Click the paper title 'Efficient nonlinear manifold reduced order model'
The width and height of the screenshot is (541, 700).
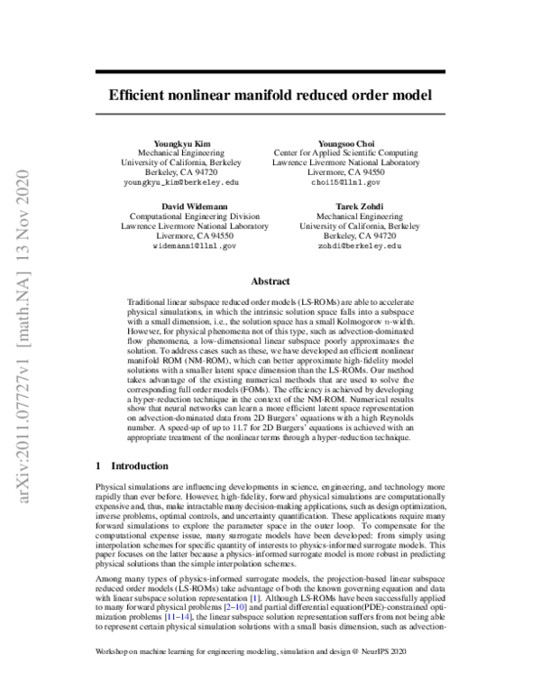[270, 93]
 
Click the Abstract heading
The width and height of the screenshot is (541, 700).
[270, 281]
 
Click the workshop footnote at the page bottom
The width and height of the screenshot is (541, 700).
[254, 676]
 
